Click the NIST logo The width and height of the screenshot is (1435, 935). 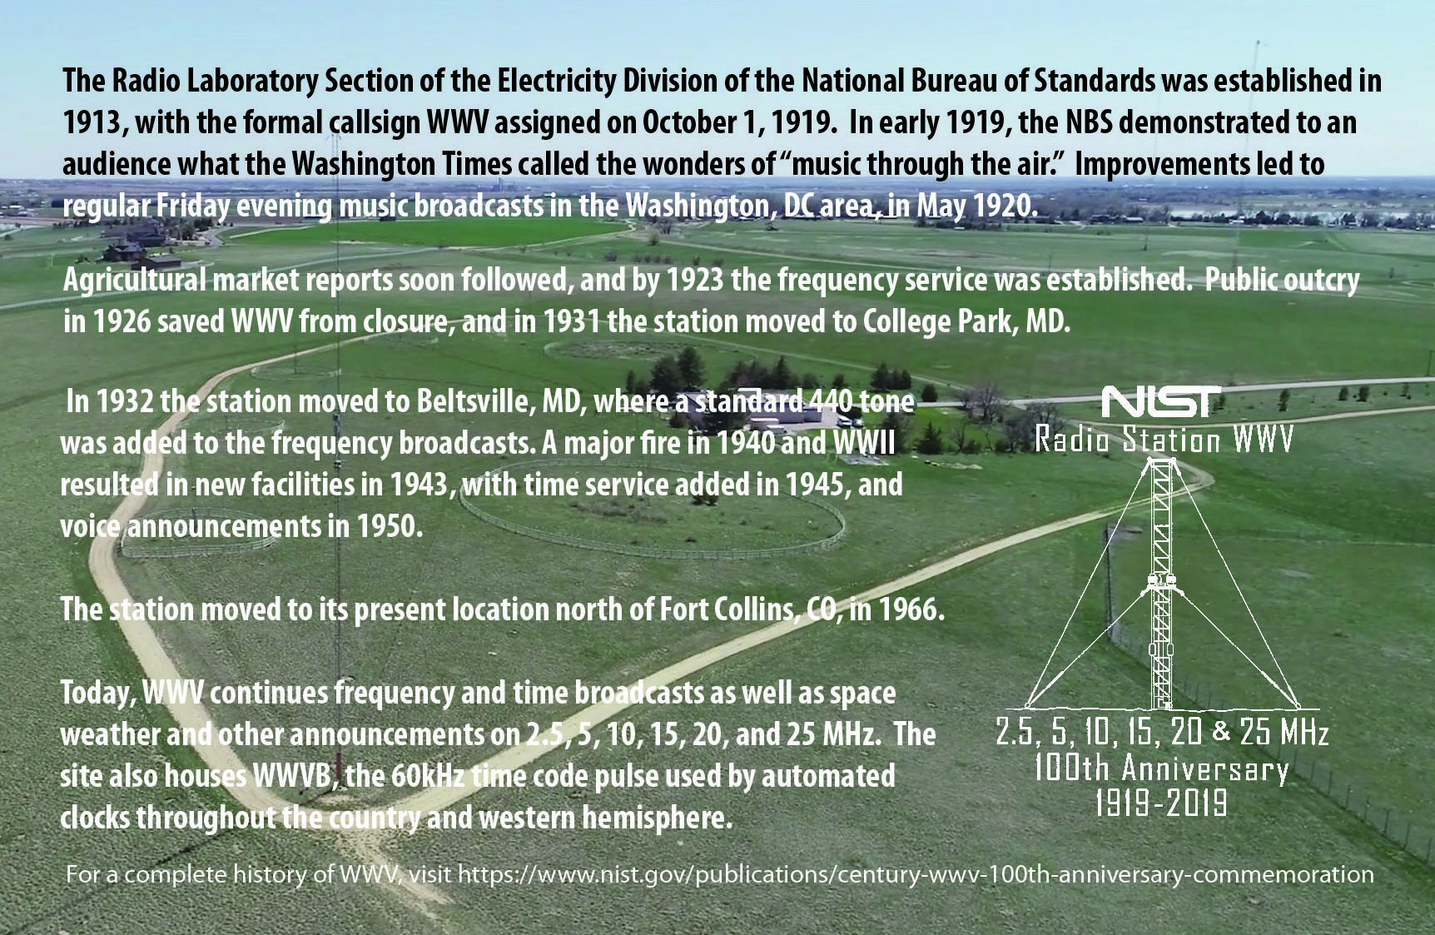(1161, 401)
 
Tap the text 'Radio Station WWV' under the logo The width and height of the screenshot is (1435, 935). (1164, 438)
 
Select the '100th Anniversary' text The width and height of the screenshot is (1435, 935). (1161, 768)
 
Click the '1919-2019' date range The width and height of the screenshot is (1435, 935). (1161, 803)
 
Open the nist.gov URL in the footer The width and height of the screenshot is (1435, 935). (916, 874)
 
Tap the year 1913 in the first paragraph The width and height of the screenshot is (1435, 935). (92, 122)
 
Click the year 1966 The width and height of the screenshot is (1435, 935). (911, 610)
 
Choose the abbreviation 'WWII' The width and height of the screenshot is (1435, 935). (864, 443)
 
